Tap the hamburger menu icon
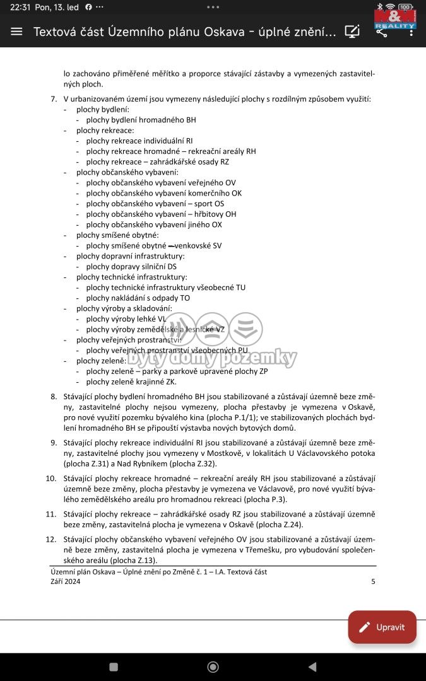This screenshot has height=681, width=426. click(x=16, y=32)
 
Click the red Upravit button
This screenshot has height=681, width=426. click(x=382, y=627)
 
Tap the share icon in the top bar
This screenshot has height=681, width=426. click(x=382, y=32)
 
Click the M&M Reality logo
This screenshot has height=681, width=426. click(x=395, y=20)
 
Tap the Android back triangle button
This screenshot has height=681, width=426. click(x=312, y=666)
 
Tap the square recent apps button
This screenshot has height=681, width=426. click(x=114, y=666)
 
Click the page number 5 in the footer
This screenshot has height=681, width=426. click(x=373, y=581)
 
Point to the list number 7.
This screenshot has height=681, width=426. click(x=54, y=99)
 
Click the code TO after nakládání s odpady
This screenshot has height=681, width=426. click(x=185, y=298)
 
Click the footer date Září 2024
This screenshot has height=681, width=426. click(x=65, y=581)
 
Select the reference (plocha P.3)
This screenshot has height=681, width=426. click(x=265, y=499)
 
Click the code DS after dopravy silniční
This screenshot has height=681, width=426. click(x=172, y=266)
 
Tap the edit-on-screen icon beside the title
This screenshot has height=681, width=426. click(x=352, y=32)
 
